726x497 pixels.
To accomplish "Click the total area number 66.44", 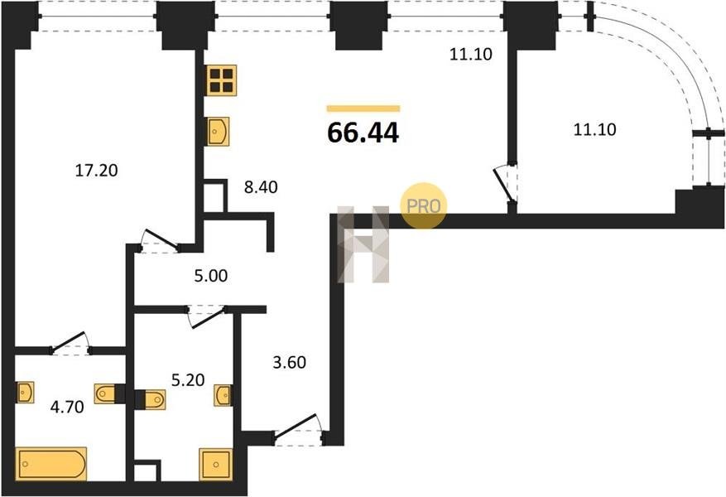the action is coord(363,133).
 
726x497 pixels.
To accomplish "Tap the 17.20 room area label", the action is coord(96,171).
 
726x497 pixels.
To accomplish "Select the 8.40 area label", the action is coord(261,187).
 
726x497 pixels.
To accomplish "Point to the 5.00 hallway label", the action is coord(210,276).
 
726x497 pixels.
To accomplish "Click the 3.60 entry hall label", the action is coord(290,362).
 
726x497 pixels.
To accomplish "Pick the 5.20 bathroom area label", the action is coord(188,380).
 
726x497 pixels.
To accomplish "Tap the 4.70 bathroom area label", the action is coord(67,408).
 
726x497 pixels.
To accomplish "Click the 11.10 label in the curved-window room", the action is coord(594,130).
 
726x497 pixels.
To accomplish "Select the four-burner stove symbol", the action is coord(221,80).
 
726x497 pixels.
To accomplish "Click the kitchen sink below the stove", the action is coord(218,131).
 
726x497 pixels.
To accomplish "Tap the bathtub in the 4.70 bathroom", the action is coord(51,464).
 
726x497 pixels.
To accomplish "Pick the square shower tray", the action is coord(215,464).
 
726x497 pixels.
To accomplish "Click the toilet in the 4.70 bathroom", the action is coord(107,393).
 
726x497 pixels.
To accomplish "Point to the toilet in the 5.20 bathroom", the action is coord(153,400).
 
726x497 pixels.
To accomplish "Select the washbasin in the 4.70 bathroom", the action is coord(25,393).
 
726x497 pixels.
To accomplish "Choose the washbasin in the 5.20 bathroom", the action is coord(224,396).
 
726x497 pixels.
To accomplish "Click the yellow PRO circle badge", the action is coord(424,206).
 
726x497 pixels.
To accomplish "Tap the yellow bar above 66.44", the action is coord(363,109).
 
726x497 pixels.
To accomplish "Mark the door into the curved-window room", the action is coord(505,185).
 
